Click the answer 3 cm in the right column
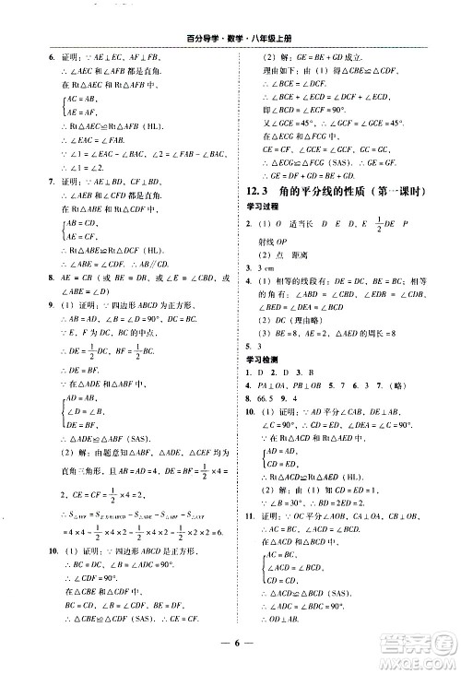[x=255, y=292]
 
